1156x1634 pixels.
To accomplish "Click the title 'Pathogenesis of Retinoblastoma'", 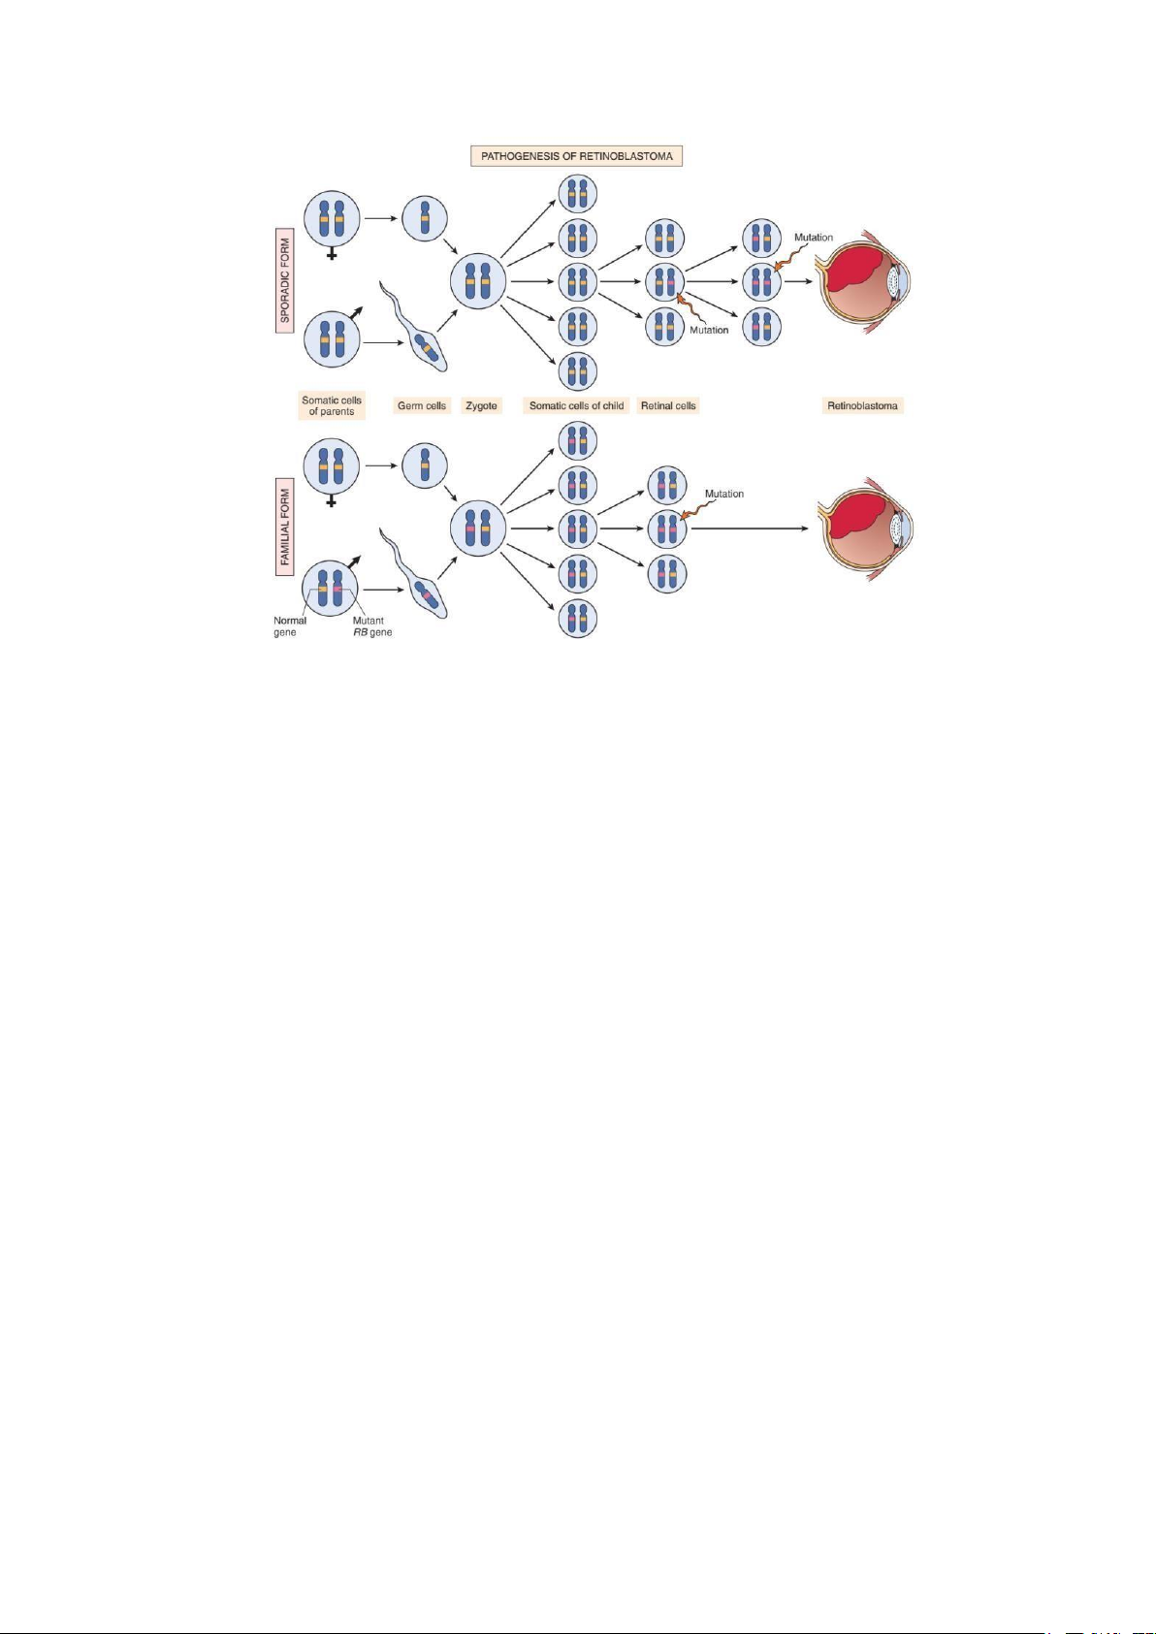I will point(576,156).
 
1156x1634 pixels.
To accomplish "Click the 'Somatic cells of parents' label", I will point(332,405).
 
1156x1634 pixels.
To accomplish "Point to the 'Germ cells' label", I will point(422,405).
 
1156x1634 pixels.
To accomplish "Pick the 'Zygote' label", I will point(481,405).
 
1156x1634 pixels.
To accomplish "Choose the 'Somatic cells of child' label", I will point(576,405).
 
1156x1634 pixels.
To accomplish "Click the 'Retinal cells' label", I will point(668,405).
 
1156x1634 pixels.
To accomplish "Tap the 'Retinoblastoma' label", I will point(862,405).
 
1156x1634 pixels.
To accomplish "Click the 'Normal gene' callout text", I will point(289,626).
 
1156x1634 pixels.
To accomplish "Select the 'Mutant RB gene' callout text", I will point(369,626).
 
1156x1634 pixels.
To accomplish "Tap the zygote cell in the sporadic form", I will point(477,282).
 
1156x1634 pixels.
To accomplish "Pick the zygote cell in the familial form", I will point(477,529).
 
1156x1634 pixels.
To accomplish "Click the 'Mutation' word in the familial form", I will point(723,494).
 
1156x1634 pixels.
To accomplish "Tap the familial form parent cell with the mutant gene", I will point(331,588).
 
